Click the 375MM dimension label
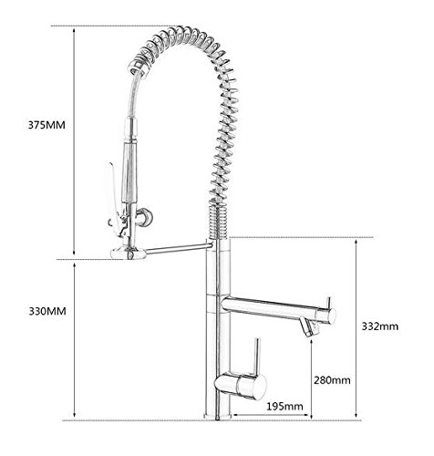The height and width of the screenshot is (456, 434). click(46, 125)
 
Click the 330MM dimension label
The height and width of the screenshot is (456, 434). click(47, 311)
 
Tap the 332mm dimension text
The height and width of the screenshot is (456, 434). click(379, 326)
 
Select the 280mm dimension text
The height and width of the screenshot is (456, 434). click(332, 380)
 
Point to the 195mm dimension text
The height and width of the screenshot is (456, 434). click(284, 406)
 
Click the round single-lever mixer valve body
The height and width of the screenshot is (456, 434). click(241, 385)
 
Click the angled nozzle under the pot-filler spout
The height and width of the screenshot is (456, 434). click(308, 327)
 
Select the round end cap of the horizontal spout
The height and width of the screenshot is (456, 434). click(328, 316)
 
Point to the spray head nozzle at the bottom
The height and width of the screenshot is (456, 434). click(129, 254)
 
